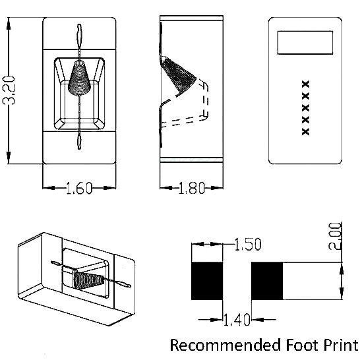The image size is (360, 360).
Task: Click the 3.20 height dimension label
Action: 9,90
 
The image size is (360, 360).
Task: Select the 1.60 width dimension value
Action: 79,189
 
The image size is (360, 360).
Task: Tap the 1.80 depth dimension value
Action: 191,188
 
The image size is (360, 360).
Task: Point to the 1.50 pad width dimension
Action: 248,244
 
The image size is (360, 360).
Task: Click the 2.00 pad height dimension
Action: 335,236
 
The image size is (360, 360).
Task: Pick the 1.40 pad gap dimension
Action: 237,320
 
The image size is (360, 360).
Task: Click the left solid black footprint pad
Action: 207,281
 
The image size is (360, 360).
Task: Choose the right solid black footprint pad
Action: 267,281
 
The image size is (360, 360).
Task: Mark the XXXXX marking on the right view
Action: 305,107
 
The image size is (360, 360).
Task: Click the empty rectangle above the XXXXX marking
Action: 305,43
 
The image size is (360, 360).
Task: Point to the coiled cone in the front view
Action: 79,78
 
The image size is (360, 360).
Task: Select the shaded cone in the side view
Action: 179,73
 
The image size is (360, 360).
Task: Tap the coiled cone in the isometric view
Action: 88,278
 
